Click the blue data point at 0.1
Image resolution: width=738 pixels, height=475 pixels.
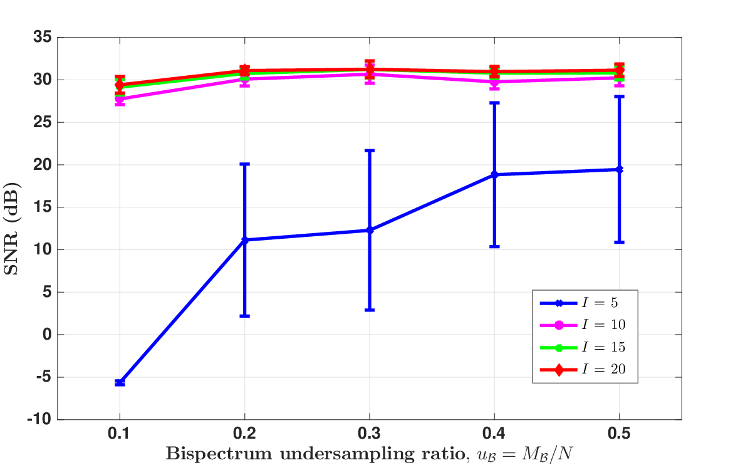pyautogui.click(x=120, y=383)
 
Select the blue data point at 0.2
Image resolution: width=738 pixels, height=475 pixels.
pyautogui.click(x=245, y=239)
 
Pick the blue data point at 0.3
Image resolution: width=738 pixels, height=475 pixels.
pyautogui.click(x=370, y=230)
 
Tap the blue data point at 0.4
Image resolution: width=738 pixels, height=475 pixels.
pyautogui.click(x=494, y=174)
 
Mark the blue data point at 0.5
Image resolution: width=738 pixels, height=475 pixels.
pyautogui.click(x=620, y=169)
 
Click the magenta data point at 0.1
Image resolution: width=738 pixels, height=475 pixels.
pyautogui.click(x=120, y=99)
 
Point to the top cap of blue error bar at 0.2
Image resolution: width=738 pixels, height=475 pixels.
pyautogui.click(x=245, y=164)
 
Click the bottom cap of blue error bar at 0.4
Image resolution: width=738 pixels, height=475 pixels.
pyautogui.click(x=494, y=247)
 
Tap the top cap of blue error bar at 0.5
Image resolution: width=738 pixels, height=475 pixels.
pyautogui.click(x=620, y=97)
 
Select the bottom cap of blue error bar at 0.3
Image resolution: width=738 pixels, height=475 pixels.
pyautogui.click(x=370, y=310)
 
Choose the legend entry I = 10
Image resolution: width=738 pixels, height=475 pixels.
pyautogui.click(x=583, y=325)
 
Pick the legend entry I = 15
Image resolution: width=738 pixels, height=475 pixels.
pyautogui.click(x=583, y=347)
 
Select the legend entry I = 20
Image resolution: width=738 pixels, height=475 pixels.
pyautogui.click(x=583, y=370)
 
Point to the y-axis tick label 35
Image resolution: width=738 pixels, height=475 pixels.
pyautogui.click(x=43, y=37)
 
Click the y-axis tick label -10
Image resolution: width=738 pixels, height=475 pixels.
pyautogui.click(x=39, y=419)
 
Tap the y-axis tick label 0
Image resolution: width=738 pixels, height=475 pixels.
pyautogui.click(x=47, y=335)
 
